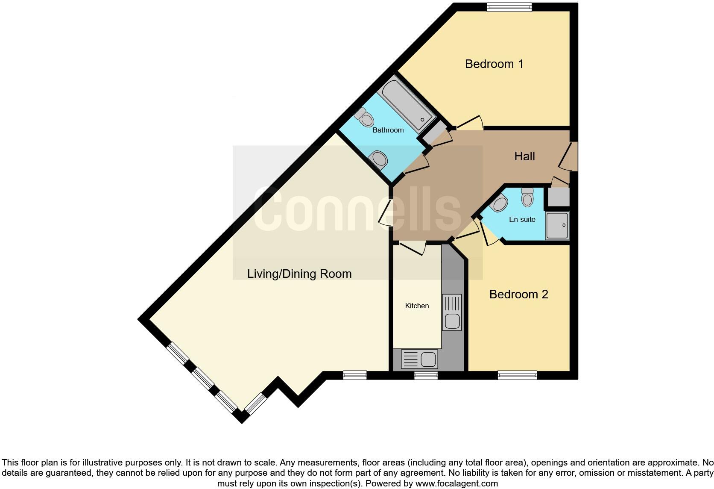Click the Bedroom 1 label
[x=494, y=64]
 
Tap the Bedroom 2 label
[x=518, y=294]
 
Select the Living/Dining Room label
[x=299, y=274]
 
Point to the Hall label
[x=524, y=156]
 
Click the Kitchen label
[x=417, y=306]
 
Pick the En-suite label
[x=522, y=219]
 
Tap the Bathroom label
[x=388, y=130]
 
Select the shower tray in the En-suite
[x=557, y=225]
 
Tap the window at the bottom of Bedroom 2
[x=517, y=375]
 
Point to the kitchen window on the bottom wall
[x=426, y=375]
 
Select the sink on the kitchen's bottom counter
[x=428, y=359]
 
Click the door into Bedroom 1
[x=470, y=123]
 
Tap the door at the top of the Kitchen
[x=412, y=247]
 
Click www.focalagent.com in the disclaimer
[x=456, y=483]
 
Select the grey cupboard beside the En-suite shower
[x=559, y=197]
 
